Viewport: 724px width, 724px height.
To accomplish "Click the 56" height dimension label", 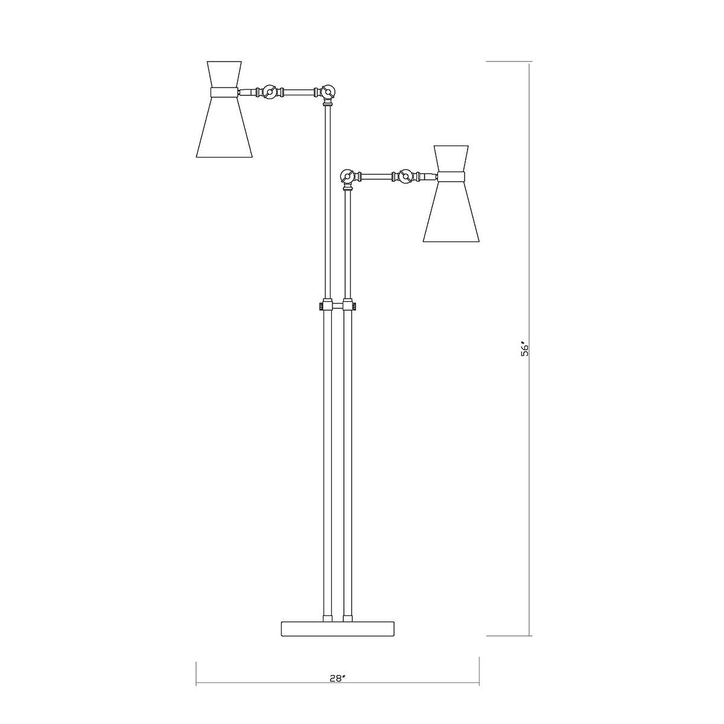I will tap(525, 350).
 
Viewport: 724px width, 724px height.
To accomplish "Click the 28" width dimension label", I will tap(338, 678).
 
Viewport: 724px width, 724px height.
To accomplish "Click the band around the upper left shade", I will tap(224, 92).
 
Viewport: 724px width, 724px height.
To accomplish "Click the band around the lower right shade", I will tap(451, 176).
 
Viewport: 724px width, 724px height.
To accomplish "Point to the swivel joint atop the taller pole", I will tap(328, 92).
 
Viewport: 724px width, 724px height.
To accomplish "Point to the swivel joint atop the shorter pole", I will tap(348, 176).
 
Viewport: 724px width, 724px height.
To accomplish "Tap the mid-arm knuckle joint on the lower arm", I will tap(405, 176).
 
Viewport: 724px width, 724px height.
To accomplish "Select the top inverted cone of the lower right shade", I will tap(451, 157).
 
